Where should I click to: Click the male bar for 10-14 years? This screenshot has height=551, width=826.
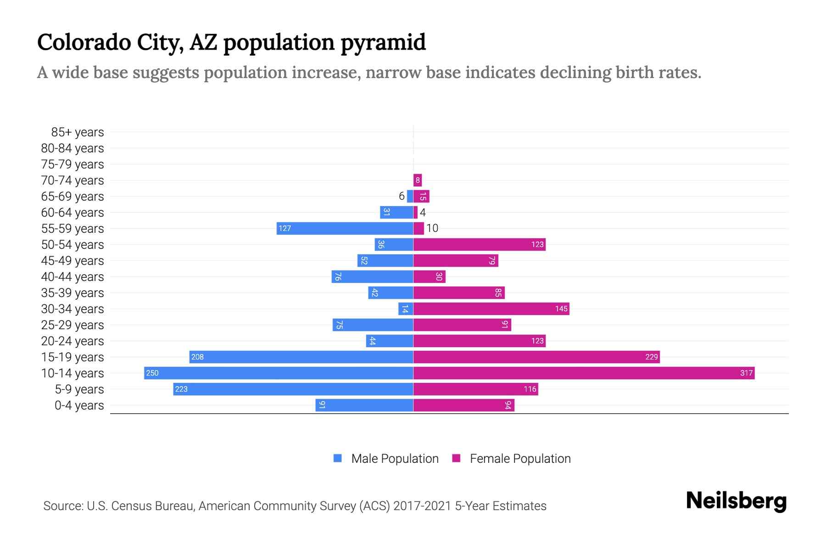[279, 373]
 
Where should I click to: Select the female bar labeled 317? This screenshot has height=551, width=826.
[584, 373]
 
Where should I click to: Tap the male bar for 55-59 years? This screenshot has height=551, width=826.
[345, 228]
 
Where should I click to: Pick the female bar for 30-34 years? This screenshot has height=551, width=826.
[491, 309]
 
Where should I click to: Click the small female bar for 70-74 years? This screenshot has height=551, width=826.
[418, 180]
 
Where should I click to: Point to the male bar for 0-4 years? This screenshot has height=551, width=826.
[364, 405]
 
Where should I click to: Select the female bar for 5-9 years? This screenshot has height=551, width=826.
[475, 389]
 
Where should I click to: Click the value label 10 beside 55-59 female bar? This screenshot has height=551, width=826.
[432, 228]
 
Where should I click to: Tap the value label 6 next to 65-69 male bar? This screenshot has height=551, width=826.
[402, 196]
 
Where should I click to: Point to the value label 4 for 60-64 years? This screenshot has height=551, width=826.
[423, 213]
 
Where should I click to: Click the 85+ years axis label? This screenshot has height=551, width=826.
[77, 132]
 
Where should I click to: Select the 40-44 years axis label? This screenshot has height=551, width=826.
[73, 277]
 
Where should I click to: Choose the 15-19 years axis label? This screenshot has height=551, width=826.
[73, 357]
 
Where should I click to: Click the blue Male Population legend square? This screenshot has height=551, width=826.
[338, 458]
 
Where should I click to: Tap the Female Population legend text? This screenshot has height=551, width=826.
[520, 459]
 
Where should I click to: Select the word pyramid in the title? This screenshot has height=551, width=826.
[383, 43]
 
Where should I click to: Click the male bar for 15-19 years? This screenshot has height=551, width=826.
[301, 357]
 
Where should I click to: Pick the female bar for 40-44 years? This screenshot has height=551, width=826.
[429, 276]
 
